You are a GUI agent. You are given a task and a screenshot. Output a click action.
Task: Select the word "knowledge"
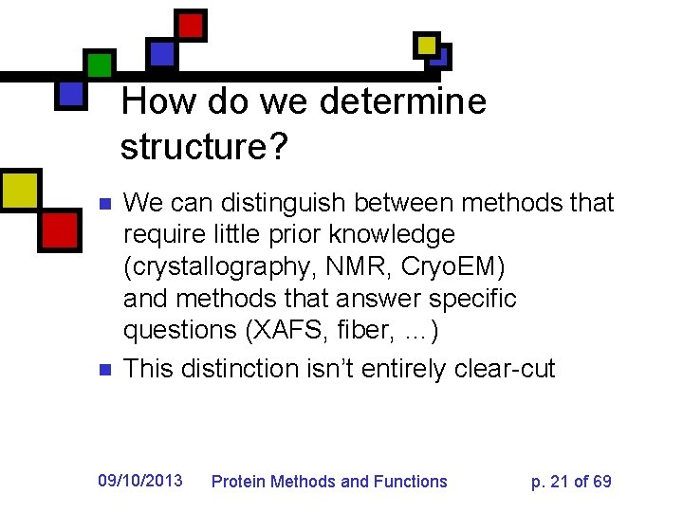(383, 234)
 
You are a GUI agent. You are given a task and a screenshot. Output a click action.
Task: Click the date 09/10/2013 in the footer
(140, 481)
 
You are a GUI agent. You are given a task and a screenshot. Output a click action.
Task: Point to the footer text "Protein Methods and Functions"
(328, 482)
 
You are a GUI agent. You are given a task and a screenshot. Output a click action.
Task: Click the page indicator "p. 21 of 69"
(571, 482)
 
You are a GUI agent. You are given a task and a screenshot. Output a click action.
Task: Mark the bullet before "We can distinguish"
(106, 204)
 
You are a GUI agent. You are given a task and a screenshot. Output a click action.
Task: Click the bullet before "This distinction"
(106, 369)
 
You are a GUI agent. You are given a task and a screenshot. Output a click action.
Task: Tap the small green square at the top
(99, 64)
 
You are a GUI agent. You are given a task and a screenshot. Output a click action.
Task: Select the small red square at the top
(192, 25)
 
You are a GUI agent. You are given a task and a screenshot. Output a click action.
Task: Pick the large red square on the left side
(59, 229)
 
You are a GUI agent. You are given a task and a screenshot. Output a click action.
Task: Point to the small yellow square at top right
(427, 45)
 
